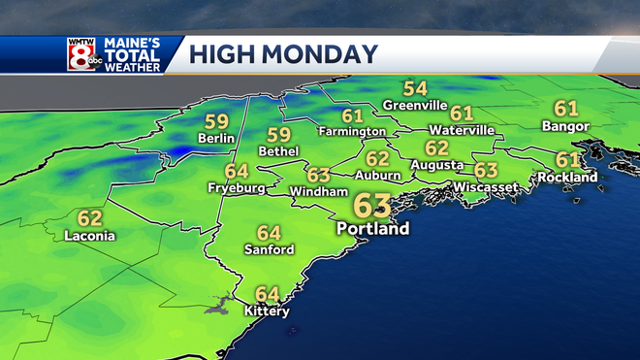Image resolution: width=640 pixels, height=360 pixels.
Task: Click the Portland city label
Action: pyautogui.click(x=373, y=229)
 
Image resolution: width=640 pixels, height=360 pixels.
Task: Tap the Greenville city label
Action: pyautogui.click(x=415, y=105)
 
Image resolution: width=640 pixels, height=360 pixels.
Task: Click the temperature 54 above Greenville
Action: pyautogui.click(x=415, y=88)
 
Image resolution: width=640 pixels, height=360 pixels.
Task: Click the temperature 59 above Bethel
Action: pyautogui.click(x=279, y=135)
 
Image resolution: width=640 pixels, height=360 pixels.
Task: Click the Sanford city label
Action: pyautogui.click(x=269, y=249)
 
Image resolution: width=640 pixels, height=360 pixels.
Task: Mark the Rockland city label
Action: pyautogui.click(x=569, y=178)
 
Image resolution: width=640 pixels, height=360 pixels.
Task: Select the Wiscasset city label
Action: pyautogui.click(x=484, y=187)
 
